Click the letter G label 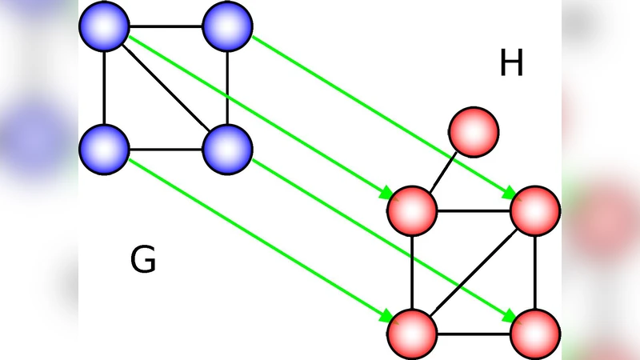tap(142, 261)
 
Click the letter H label tap(511, 64)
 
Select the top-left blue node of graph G tap(104, 26)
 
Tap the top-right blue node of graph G tap(228, 26)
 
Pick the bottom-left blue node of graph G tap(104, 149)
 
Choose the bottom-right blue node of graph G tap(228, 149)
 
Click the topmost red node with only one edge tap(474, 130)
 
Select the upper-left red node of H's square tap(412, 210)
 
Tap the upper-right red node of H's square tap(535, 210)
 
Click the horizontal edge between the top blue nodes tap(166, 26)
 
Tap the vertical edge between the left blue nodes tap(104, 88)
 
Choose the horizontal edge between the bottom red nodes tap(474, 332)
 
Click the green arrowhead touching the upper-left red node tap(386, 193)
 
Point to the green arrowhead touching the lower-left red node tap(386, 314)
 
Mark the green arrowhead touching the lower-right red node tap(510, 314)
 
